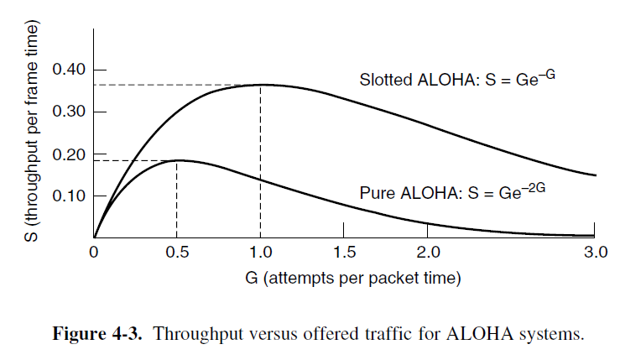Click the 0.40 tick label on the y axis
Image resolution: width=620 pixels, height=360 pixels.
pos(68,69)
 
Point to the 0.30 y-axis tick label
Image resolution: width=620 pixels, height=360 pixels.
pos(68,112)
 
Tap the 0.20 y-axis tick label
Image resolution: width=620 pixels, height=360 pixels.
pos(68,154)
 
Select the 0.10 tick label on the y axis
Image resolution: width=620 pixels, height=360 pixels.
pos(68,196)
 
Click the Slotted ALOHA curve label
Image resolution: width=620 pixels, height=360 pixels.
pos(458,80)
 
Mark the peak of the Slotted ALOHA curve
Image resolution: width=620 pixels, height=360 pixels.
pos(261,84)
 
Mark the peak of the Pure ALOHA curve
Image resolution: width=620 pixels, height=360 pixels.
pos(177,159)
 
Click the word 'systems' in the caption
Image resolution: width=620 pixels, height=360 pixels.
pos(550,335)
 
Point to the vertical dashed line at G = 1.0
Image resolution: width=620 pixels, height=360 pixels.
pos(261,168)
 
